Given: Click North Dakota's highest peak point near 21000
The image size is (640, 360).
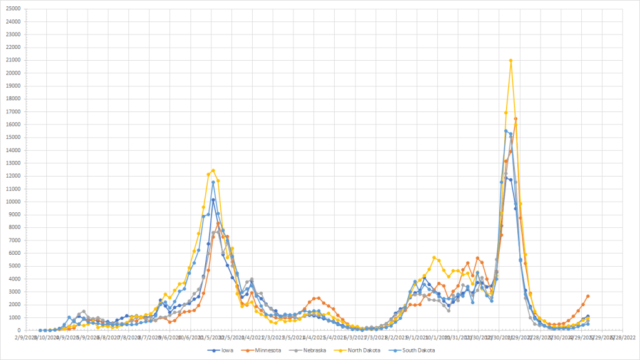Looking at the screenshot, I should [x=510, y=61].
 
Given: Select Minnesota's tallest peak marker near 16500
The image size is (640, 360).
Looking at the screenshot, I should [x=516, y=119].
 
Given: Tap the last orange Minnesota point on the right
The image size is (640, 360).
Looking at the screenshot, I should [x=587, y=296].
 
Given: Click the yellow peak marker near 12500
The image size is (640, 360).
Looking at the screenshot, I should [x=213, y=170].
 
